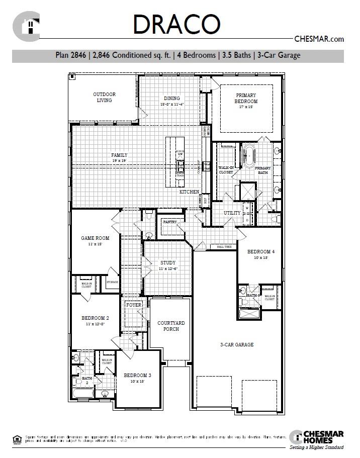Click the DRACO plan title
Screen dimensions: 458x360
tap(176, 24)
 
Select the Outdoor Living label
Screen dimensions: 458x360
tap(105, 97)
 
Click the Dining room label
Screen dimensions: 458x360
tap(172, 99)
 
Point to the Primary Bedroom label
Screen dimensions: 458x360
tap(245, 98)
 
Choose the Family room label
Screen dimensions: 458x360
tap(119, 155)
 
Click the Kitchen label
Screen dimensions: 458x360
tap(190, 192)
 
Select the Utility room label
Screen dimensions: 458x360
tap(232, 213)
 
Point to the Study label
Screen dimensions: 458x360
tap(168, 263)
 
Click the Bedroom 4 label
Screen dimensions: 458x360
tap(260, 251)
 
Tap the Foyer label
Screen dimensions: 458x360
tap(134, 305)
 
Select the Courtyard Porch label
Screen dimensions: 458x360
tap(171, 326)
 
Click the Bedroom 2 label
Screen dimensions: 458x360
tap(95, 318)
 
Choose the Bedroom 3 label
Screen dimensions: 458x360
tap(137, 375)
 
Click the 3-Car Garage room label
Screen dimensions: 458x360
tap(236, 345)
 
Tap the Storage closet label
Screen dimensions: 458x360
tap(112, 283)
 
